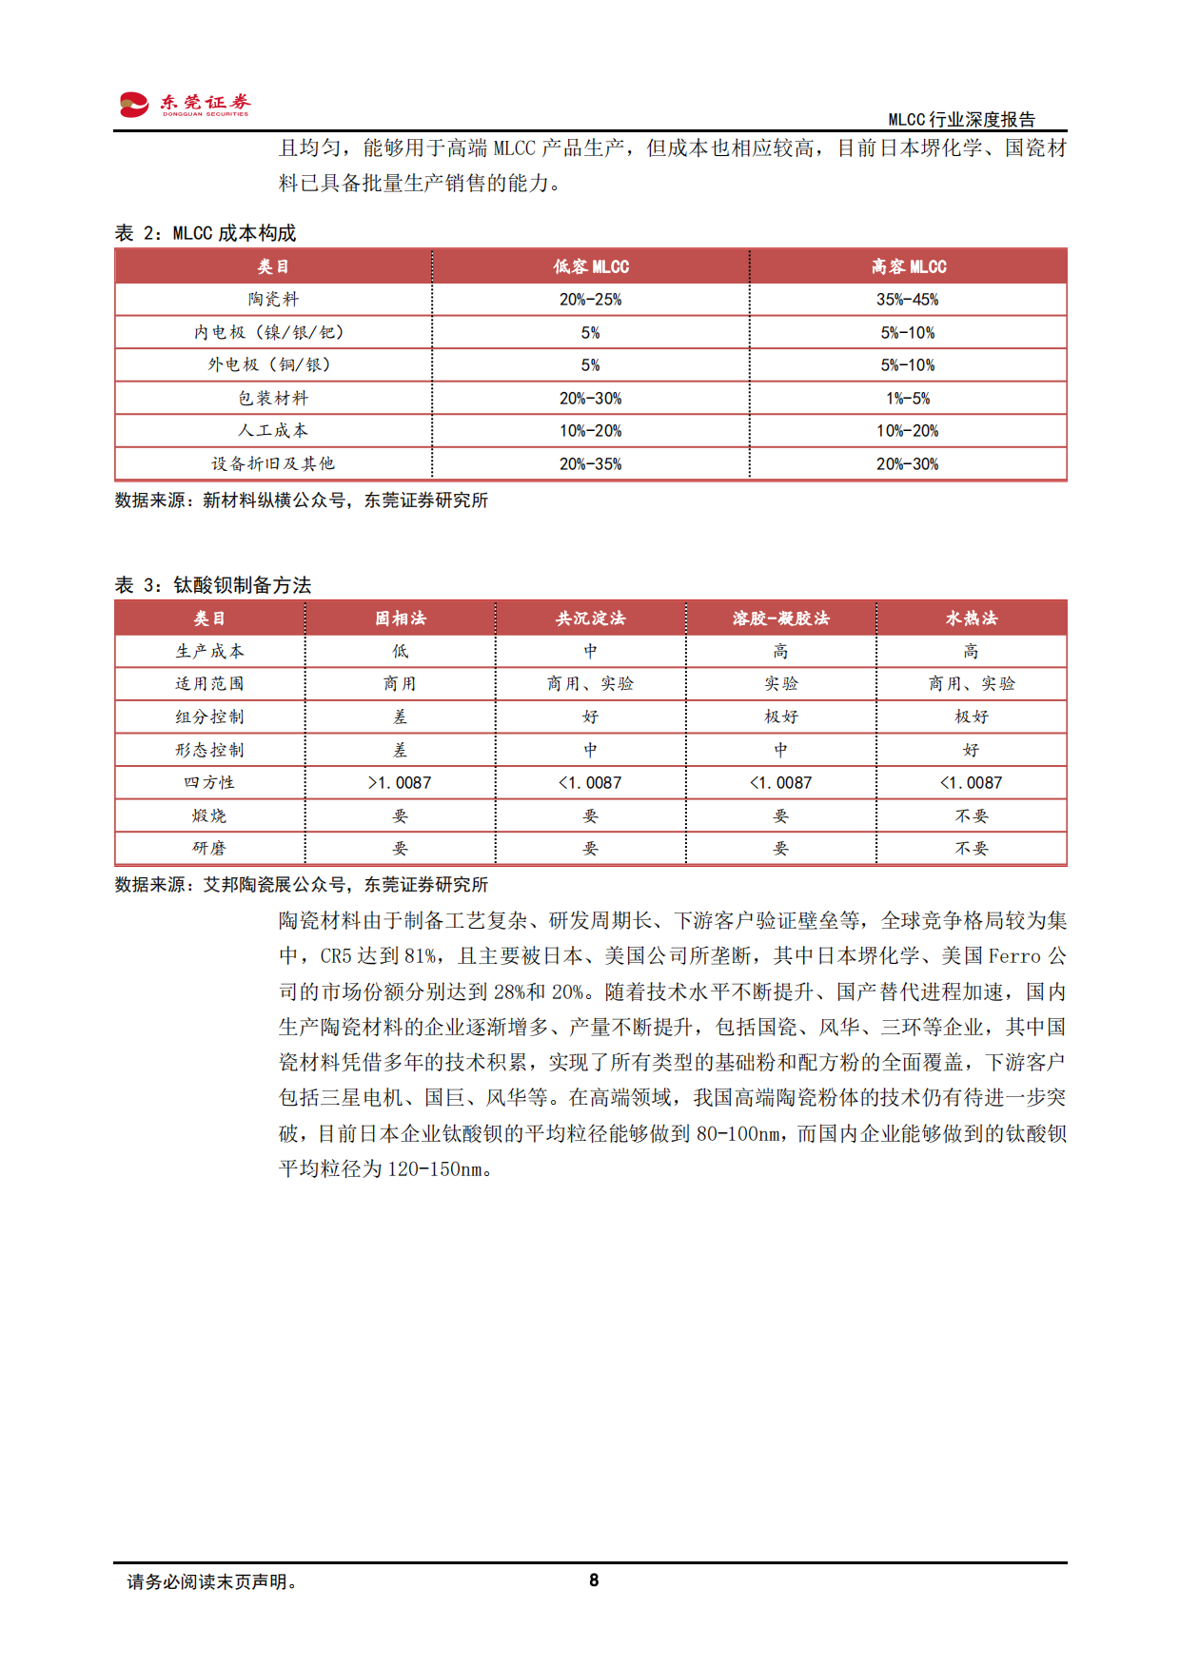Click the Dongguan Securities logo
(x=185, y=104)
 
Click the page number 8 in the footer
(x=594, y=1580)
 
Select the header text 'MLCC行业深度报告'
(x=961, y=119)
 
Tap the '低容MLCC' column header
(x=590, y=266)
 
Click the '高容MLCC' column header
(x=908, y=266)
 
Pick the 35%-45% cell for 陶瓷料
(x=907, y=300)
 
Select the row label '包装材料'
(x=273, y=398)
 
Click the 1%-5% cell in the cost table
(x=907, y=398)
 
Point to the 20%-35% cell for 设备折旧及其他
(x=590, y=463)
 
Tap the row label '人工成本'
(x=273, y=431)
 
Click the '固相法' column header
(x=400, y=618)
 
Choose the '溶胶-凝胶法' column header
(x=780, y=618)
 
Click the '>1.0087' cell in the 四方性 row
(x=400, y=782)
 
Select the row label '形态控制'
(x=209, y=750)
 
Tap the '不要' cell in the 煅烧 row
(x=971, y=815)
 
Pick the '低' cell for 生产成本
(x=400, y=651)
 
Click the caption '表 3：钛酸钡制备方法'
(x=213, y=585)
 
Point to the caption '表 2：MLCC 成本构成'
(x=206, y=233)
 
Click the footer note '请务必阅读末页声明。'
(x=213, y=1581)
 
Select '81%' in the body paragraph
(x=421, y=955)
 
